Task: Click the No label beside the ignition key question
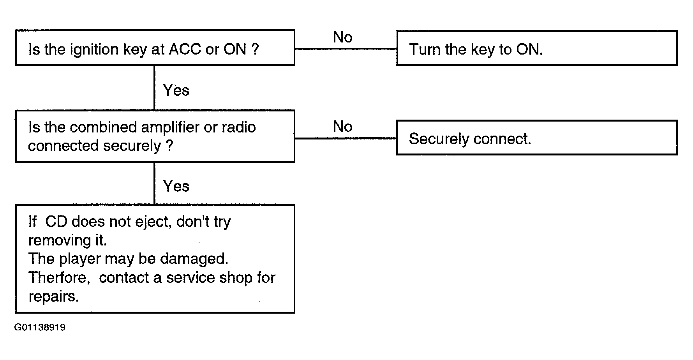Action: click(x=343, y=37)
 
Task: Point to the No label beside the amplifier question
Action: click(x=343, y=127)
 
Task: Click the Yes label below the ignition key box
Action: click(x=176, y=90)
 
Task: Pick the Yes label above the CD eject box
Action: click(x=176, y=186)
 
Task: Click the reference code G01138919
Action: click(x=40, y=327)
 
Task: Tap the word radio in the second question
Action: click(x=239, y=127)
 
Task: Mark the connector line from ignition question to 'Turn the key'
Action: click(x=346, y=49)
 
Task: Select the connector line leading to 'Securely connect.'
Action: click(x=346, y=138)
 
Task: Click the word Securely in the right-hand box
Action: click(x=439, y=139)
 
